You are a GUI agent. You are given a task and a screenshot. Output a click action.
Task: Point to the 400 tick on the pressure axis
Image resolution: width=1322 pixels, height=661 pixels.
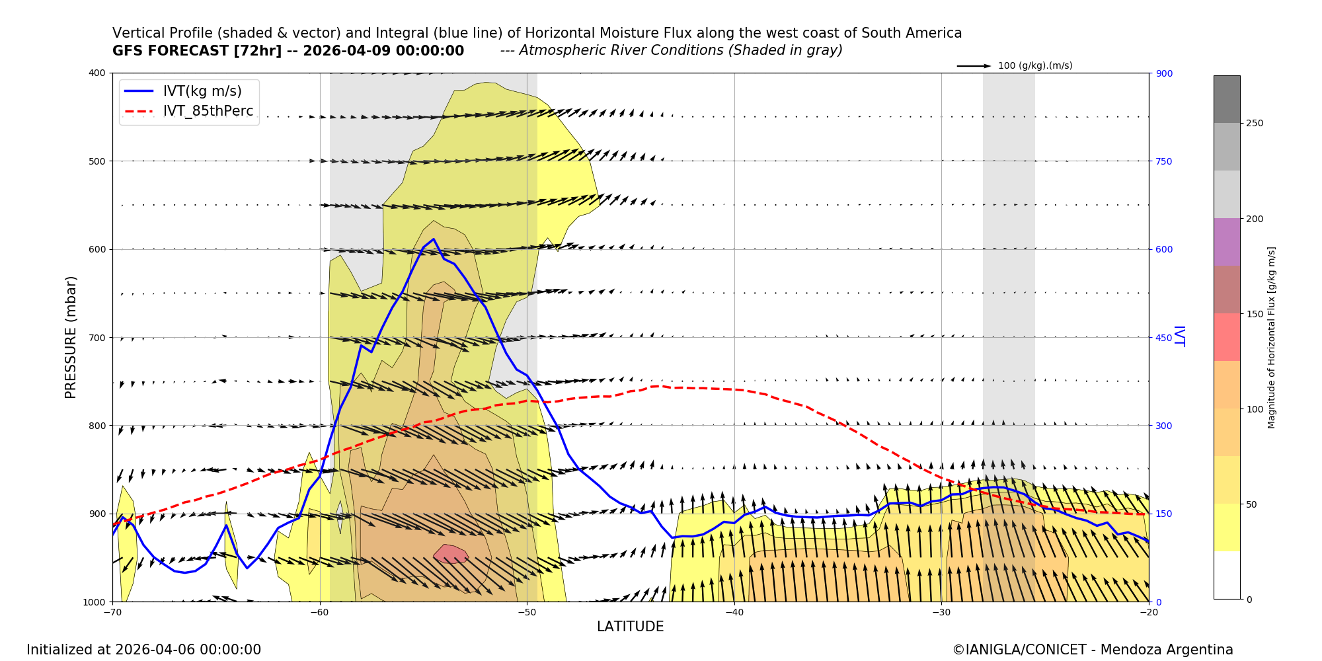pos(97,73)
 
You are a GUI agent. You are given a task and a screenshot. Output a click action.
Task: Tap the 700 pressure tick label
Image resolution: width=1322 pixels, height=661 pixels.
pos(97,338)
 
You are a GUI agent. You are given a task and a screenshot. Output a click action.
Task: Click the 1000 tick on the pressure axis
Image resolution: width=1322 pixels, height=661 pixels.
pos(95,602)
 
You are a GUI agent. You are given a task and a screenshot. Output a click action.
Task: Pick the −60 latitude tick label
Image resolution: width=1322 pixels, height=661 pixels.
pos(320,612)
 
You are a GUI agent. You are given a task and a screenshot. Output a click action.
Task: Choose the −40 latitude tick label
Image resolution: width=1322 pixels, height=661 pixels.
pos(734,612)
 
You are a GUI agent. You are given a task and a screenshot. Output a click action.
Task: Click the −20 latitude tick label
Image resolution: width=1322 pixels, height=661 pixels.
pos(1148,612)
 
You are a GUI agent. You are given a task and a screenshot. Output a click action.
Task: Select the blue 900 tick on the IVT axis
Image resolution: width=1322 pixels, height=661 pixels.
pos(1164,73)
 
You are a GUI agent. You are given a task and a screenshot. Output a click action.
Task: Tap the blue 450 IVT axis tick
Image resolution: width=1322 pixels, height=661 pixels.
pos(1164,338)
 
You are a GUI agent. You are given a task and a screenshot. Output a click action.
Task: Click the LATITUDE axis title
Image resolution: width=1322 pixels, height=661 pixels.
pos(630,627)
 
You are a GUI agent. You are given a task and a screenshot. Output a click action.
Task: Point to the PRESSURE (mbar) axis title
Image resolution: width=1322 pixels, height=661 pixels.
pos(71,337)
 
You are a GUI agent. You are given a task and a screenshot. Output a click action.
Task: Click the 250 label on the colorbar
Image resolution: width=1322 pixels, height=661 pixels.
pos(1255,124)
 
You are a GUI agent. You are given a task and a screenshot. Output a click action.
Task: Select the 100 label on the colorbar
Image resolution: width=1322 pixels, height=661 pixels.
pos(1255,409)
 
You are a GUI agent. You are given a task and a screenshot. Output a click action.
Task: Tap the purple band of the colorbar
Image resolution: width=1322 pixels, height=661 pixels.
pos(1226,242)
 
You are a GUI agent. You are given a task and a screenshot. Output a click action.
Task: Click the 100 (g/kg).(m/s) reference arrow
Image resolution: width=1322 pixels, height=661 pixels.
pos(974,66)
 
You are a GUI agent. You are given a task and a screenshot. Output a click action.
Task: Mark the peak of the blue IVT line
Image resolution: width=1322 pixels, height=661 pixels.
pos(434,239)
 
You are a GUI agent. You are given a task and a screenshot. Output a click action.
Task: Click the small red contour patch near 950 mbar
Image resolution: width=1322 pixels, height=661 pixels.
pos(451,554)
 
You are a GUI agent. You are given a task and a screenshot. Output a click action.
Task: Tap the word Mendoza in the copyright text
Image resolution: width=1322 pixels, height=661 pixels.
pos(1130,650)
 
